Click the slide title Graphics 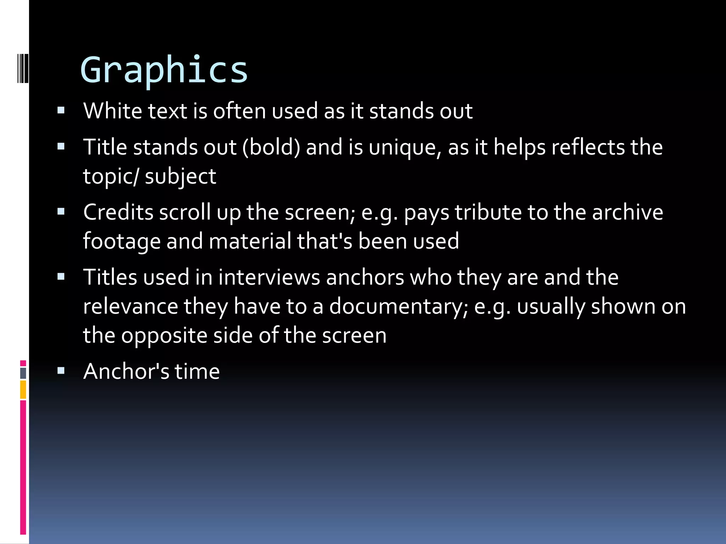coord(164,70)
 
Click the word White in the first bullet coord(112,111)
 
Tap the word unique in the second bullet coord(405,148)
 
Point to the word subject coord(180,177)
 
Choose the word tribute coord(488,212)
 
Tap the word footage coord(122,242)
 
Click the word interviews coord(269,277)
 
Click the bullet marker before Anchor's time coord(61,371)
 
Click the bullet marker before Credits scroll coord(61,212)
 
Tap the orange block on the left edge coord(23,390)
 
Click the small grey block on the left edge coord(23,373)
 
